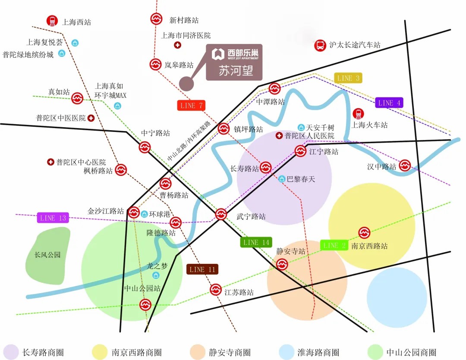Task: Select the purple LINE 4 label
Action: click(389, 103)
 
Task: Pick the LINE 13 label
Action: click(53, 218)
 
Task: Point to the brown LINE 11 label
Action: click(202, 269)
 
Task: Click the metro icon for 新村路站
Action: click(156, 19)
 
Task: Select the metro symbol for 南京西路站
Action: click(365, 233)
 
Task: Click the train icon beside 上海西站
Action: click(52, 20)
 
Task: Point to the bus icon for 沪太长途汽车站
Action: click(320, 45)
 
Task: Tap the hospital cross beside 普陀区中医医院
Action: click(91, 118)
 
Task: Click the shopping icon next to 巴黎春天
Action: click(282, 178)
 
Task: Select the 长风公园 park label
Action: click(47, 255)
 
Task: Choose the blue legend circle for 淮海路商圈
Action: click(286, 352)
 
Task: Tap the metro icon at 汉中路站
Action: click(404, 165)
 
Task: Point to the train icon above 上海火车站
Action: click(358, 114)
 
